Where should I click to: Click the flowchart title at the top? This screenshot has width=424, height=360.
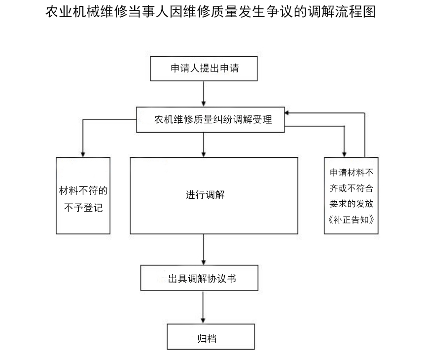click(211, 12)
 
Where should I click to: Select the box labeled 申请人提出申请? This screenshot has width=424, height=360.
click(204, 69)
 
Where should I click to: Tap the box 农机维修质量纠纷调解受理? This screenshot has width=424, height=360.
click(211, 119)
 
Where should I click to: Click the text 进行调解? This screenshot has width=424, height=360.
click(205, 195)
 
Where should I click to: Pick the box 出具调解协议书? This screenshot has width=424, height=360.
click(199, 278)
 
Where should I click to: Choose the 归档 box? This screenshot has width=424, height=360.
click(211, 337)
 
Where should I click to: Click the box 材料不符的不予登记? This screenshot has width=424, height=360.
click(83, 196)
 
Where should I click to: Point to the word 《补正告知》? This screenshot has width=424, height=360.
click(351, 219)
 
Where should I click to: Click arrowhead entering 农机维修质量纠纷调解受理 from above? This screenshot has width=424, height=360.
click(204, 104)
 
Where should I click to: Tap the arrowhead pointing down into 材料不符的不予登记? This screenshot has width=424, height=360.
click(83, 154)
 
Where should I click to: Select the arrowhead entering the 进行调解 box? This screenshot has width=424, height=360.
click(204, 154)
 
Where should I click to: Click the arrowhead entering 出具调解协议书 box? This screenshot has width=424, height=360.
click(204, 262)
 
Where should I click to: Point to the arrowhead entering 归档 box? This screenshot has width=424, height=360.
click(203, 321)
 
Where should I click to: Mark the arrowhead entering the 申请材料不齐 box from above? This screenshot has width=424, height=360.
click(344, 154)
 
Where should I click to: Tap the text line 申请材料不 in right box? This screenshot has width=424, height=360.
click(351, 172)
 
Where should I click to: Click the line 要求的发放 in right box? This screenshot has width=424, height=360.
click(351, 203)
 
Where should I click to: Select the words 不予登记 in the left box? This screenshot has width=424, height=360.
click(83, 208)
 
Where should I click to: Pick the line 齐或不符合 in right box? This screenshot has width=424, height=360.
click(351, 188)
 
